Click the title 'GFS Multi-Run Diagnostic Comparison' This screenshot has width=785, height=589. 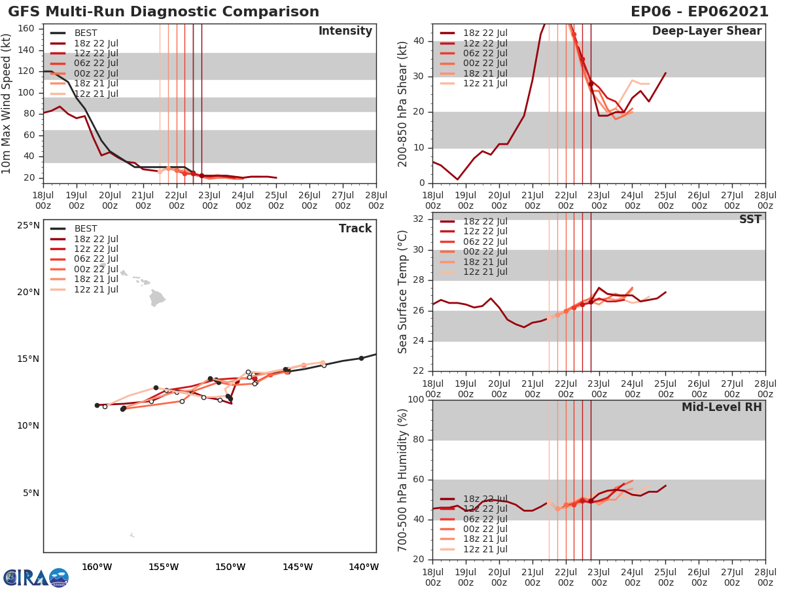(x=164, y=12)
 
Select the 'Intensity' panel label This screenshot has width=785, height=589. (x=345, y=31)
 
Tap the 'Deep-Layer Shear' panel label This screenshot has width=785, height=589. (x=706, y=31)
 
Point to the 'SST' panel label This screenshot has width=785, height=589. (x=750, y=220)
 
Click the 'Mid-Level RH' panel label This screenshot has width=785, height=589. (x=722, y=408)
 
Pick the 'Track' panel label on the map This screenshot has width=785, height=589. (x=355, y=228)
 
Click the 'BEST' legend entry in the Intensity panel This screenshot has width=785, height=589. (x=86, y=33)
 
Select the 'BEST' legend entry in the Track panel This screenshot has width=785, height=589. (x=86, y=228)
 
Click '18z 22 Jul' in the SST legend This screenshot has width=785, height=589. (x=485, y=221)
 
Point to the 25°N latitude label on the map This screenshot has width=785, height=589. (x=28, y=226)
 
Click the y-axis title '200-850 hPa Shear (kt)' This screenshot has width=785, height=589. (x=403, y=103)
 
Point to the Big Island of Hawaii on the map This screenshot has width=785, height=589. (x=157, y=299)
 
